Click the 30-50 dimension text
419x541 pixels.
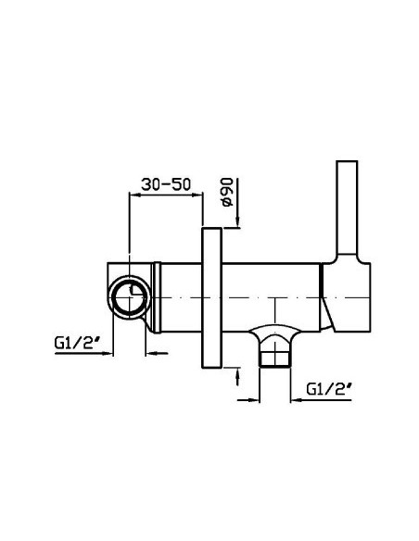click(166, 184)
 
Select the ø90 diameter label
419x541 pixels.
click(226, 192)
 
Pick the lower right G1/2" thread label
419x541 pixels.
click(329, 389)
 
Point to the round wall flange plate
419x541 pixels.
click(211, 297)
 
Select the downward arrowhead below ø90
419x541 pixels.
click(237, 220)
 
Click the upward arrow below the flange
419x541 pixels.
click(237, 377)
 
